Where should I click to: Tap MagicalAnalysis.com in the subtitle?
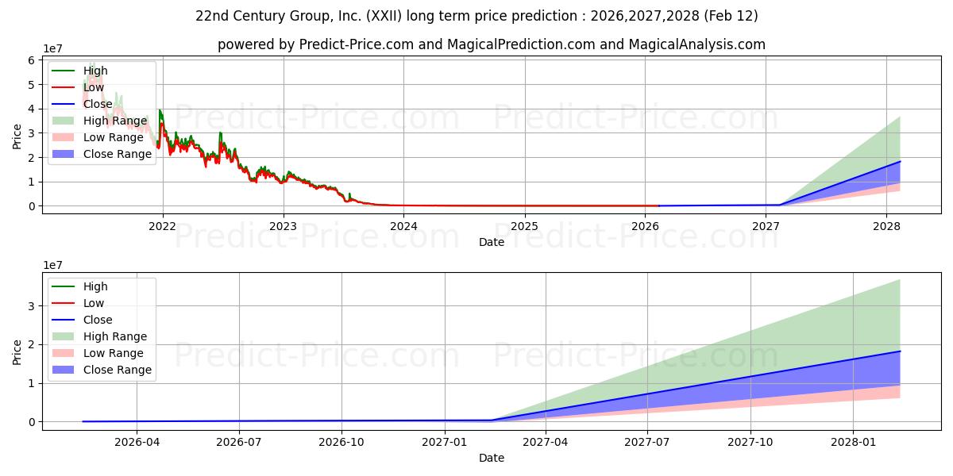pos(696,44)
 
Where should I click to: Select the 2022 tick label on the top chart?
pos(163,225)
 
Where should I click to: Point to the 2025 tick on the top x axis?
pos(524,225)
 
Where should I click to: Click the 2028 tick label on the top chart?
pos(886,225)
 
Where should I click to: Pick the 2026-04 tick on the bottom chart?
pos(137,440)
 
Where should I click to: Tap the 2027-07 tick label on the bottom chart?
pos(648,440)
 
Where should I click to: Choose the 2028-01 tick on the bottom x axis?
pos(853,440)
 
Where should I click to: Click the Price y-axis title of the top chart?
pos(17,136)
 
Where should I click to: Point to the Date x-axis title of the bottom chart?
pos(492,458)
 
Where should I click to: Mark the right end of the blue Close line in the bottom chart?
pos(900,351)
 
